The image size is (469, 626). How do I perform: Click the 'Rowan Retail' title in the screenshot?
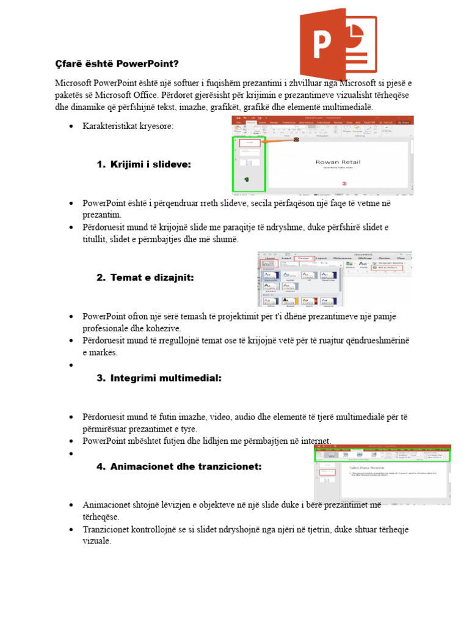(x=338, y=162)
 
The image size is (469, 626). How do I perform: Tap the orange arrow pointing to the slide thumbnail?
(x=279, y=141)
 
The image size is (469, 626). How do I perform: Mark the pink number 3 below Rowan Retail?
(x=344, y=183)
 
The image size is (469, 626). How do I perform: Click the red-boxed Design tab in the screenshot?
(x=304, y=259)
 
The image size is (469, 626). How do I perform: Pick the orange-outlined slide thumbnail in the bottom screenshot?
(x=328, y=472)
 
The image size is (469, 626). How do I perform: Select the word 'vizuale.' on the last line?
(x=97, y=541)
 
